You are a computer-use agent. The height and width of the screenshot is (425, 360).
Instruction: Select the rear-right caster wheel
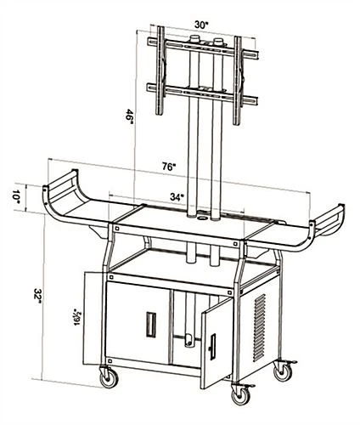pyautogui.click(x=280, y=371)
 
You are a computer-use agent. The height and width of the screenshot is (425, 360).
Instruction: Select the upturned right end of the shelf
pyautogui.click(x=326, y=225)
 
